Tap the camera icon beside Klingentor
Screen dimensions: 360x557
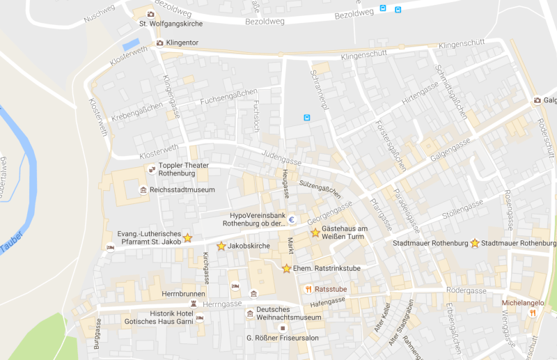tap(160, 43)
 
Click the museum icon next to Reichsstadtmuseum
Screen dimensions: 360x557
tap(143, 189)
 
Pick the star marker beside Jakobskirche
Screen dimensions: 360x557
tap(221, 246)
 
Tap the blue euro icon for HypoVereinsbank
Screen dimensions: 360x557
tap(292, 219)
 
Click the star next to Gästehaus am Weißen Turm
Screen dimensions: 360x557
tap(315, 233)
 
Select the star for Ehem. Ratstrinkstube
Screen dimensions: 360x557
tap(286, 268)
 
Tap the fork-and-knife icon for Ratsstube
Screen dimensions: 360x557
tap(307, 289)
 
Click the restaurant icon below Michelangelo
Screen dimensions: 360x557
tap(533, 313)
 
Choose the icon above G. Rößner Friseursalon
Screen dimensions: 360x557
tap(282, 327)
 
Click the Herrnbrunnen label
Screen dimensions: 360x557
tap(183, 294)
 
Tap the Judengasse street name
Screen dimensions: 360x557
tap(281, 158)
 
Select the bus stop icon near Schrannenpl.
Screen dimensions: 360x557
tap(305, 117)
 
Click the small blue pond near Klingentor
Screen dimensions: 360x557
tap(130, 45)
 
